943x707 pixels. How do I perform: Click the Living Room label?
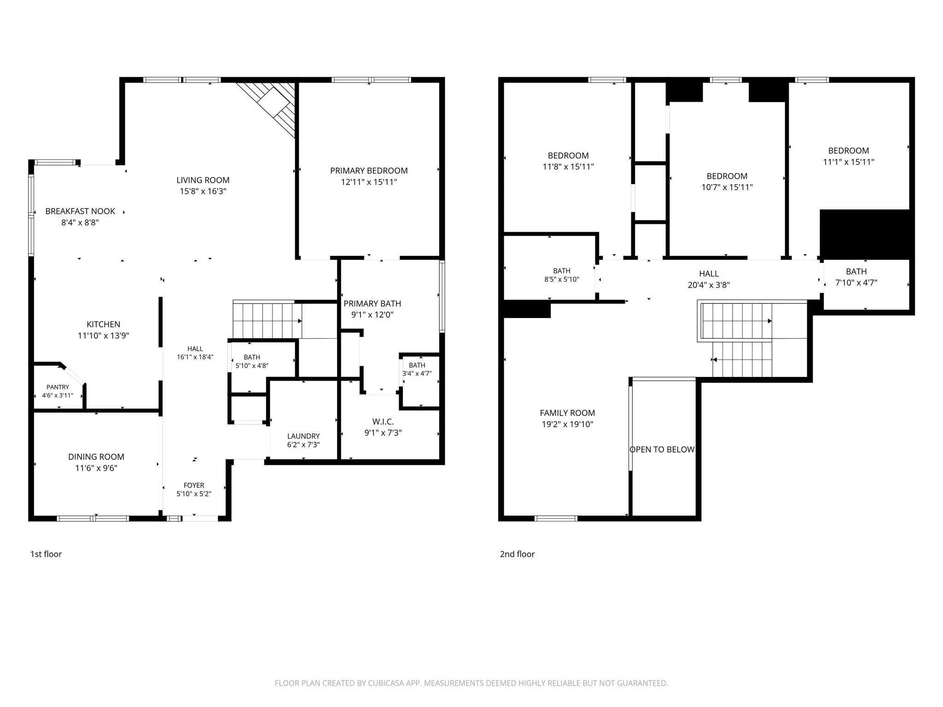pos(203,180)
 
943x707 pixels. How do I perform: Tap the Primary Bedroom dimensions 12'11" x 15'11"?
pos(369,182)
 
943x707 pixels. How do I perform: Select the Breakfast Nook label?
pos(80,211)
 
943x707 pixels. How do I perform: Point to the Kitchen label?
pos(103,325)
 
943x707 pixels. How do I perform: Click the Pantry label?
pos(58,387)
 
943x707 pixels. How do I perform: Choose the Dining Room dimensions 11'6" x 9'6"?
pos(96,468)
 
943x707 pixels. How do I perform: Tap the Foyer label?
pos(194,485)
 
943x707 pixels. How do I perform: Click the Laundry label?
pos(303,436)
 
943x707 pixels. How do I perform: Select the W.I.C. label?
pos(383,422)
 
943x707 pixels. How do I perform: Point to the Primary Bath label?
pos(372,303)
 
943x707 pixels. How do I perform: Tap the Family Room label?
pos(567,413)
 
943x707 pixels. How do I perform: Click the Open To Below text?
pos(662,449)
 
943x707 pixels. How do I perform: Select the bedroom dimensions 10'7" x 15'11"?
pos(727,187)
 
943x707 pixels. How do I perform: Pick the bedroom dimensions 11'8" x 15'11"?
pos(568,167)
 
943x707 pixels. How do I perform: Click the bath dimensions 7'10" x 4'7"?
pos(856,283)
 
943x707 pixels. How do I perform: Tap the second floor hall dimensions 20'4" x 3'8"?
pos(709,285)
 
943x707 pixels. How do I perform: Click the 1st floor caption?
pos(46,554)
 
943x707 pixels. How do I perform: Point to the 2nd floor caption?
pos(518,554)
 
